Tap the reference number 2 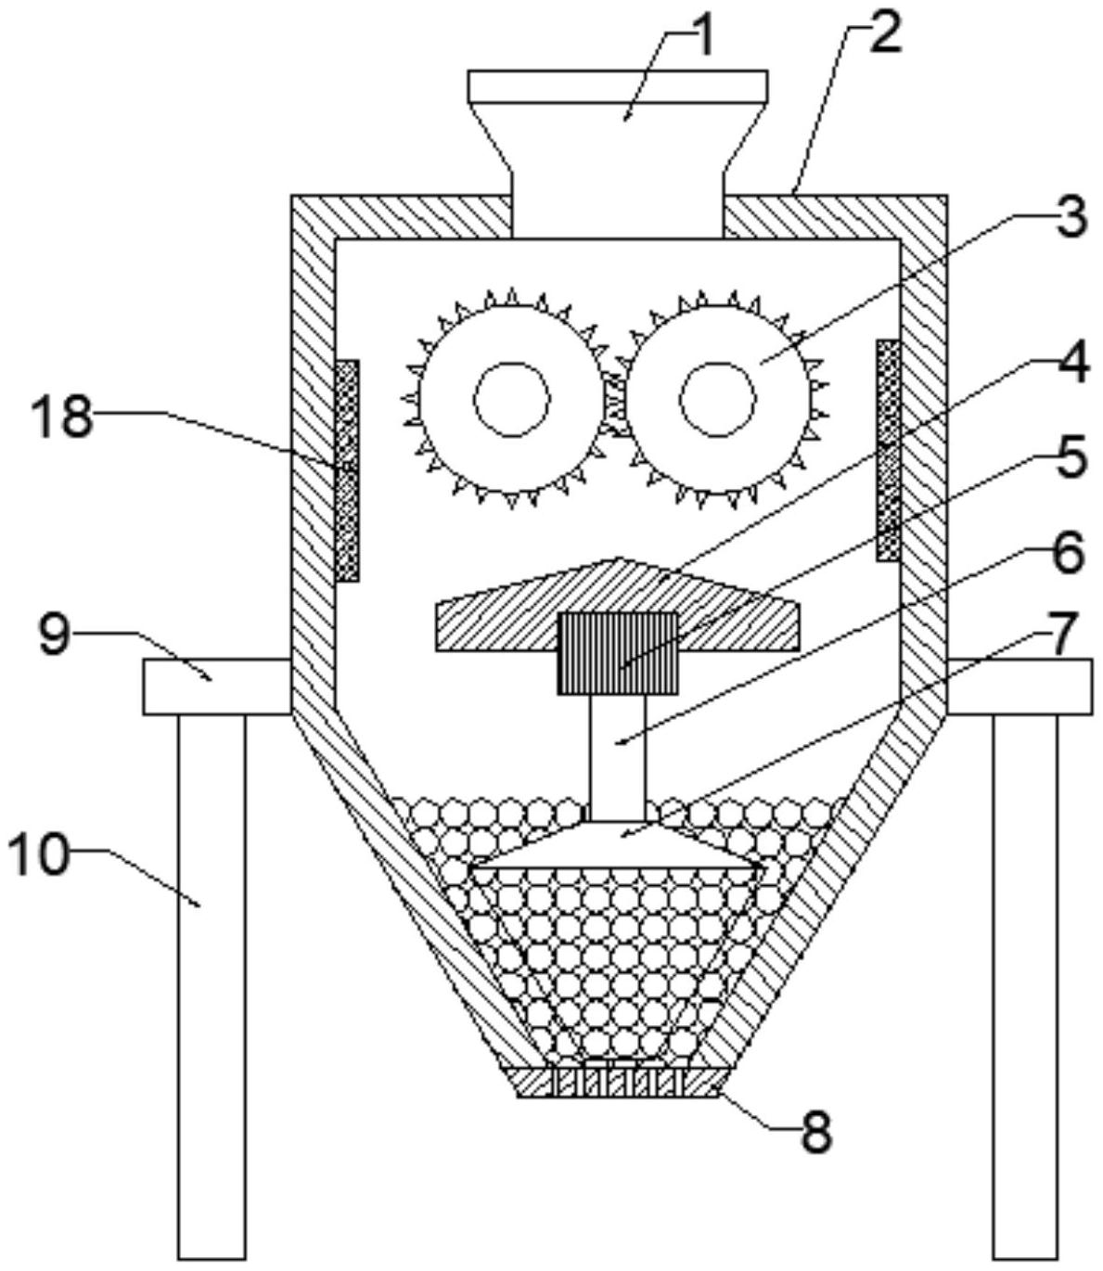point(885,34)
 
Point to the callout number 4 point(1072,365)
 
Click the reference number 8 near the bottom point(815,1133)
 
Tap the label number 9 point(55,636)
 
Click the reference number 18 point(62,417)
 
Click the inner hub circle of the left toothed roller point(511,399)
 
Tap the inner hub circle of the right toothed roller point(717,399)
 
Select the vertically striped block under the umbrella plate point(618,653)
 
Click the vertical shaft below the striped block point(618,756)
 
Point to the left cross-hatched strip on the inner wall point(347,470)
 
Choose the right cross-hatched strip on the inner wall point(889,450)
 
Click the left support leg point(212,983)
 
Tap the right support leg point(1025,983)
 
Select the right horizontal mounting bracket point(1020,687)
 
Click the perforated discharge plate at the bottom point(618,1083)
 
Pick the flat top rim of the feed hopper point(618,86)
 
